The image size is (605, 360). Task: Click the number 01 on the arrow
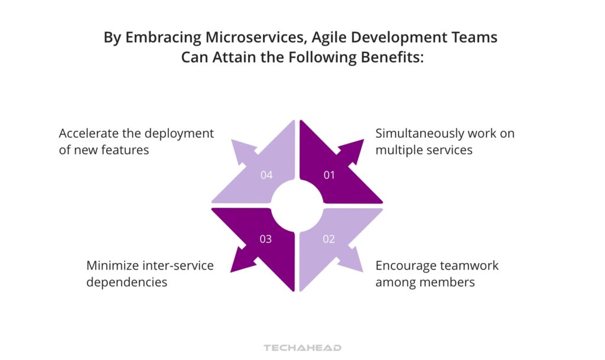pyautogui.click(x=329, y=175)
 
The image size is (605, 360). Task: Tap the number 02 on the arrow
pyautogui.click(x=329, y=239)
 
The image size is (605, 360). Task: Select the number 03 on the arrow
pyautogui.click(x=266, y=239)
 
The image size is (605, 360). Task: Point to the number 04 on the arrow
pyautogui.click(x=266, y=175)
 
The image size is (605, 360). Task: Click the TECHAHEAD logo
pyautogui.click(x=302, y=348)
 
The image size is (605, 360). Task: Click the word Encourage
pyautogui.click(x=405, y=265)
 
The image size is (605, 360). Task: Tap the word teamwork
pyautogui.click(x=470, y=265)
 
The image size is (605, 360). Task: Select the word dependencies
pyautogui.click(x=126, y=282)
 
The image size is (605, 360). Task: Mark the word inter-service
pyautogui.click(x=177, y=265)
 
